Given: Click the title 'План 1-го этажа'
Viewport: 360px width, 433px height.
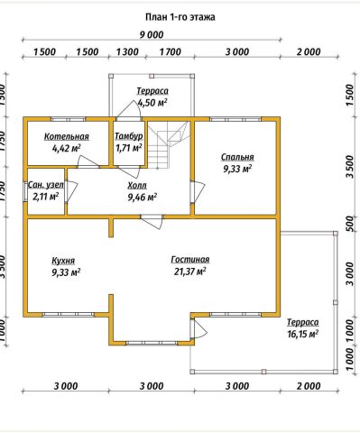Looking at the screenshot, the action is point(180,17).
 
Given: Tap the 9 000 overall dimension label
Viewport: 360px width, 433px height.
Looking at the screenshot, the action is point(152,34).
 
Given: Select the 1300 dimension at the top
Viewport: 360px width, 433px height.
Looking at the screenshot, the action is point(128,51).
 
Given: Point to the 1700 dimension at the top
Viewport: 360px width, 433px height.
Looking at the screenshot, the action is point(171,51).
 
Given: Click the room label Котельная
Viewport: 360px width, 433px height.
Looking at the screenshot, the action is point(67,136).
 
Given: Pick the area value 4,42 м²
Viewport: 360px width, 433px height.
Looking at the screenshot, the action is point(67,148).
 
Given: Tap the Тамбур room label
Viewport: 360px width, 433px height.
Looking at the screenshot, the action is point(129,136).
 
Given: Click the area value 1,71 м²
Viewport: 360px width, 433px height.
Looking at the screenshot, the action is point(129,148).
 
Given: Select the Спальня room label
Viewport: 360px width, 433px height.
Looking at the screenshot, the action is point(237,157).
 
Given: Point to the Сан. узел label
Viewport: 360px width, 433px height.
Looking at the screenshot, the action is point(46,185).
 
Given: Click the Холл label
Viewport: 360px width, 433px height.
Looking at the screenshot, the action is point(137,185).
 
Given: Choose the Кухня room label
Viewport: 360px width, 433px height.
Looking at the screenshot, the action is point(63,261).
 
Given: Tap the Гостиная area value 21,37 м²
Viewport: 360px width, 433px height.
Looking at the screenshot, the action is point(190,272).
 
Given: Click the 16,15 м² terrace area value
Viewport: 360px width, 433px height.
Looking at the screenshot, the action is point(303,334).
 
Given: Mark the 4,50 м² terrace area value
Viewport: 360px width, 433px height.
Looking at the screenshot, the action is point(152,103).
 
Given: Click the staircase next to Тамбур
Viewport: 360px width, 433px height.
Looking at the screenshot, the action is point(169,144).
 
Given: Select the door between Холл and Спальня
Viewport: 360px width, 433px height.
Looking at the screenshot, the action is point(198,191).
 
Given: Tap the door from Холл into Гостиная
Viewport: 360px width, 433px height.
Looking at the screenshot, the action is point(152,222).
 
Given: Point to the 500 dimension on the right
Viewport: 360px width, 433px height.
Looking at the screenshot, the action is point(348,223).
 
